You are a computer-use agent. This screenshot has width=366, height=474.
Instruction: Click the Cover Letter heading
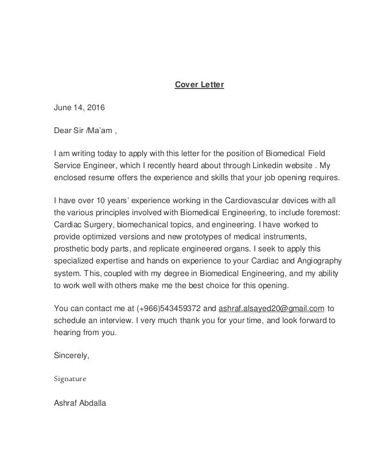tap(199, 86)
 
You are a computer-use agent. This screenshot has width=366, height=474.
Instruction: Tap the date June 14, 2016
tap(75, 107)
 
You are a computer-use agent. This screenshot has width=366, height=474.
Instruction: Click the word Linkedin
tap(255, 165)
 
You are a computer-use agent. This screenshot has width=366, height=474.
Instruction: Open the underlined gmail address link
tap(272, 308)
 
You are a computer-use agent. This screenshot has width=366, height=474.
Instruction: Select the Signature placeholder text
tap(69, 379)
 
